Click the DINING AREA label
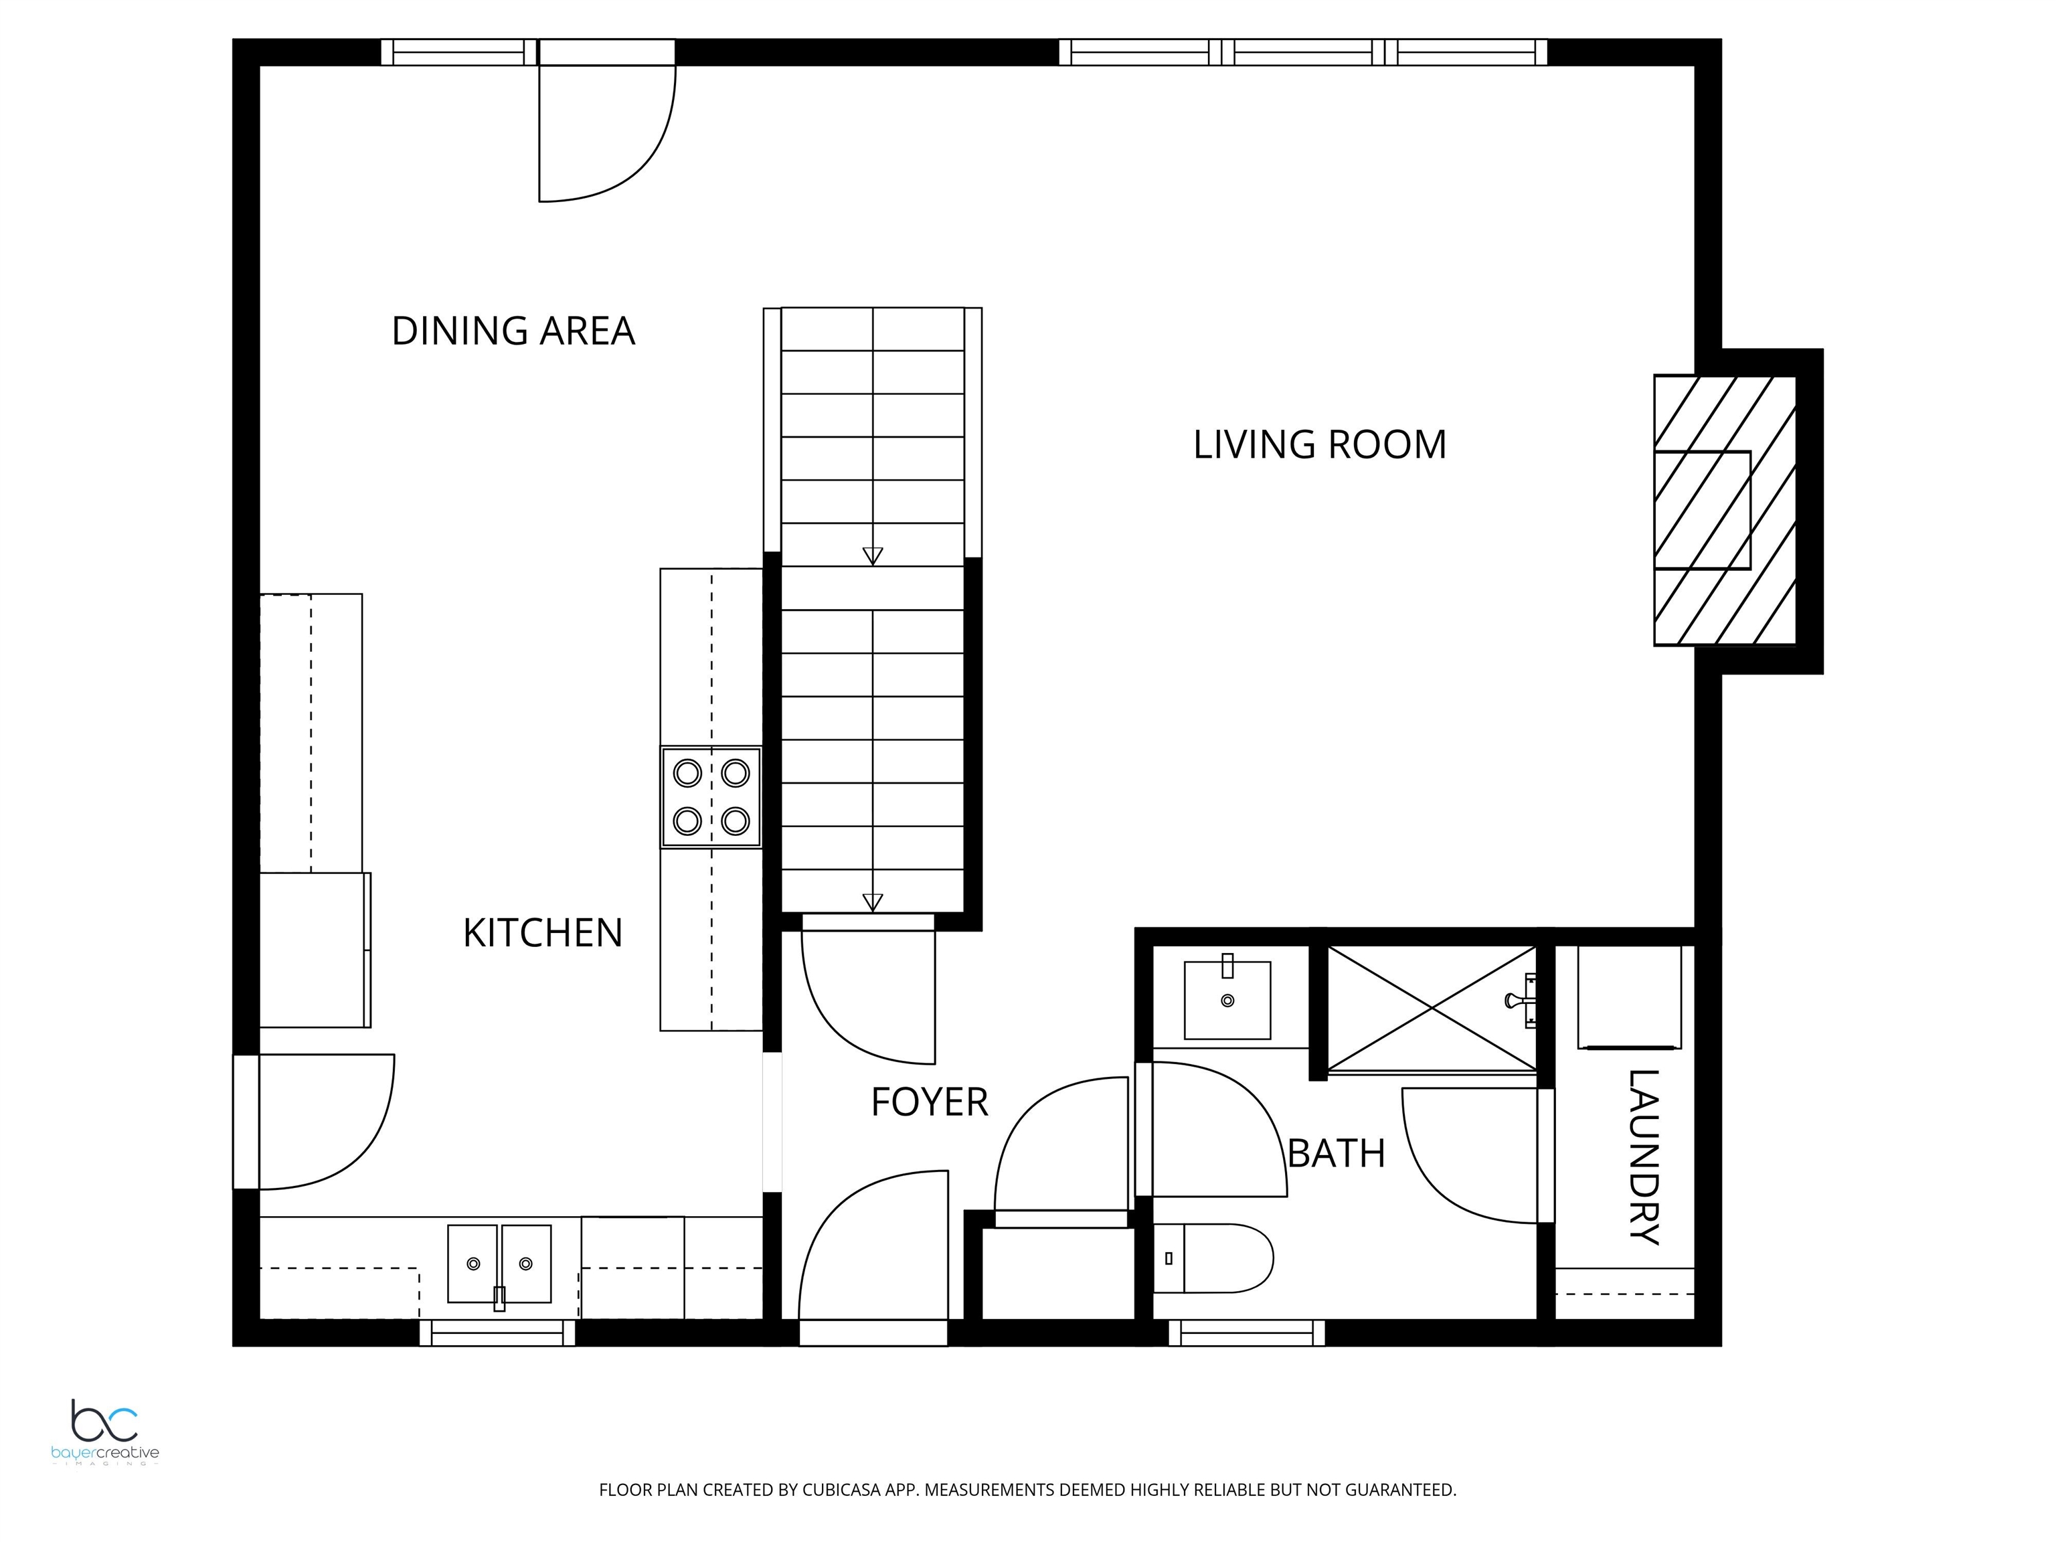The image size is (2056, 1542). (513, 331)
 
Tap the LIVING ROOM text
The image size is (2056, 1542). (1320, 444)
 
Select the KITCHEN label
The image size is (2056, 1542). (543, 933)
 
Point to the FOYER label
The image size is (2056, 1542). (930, 1102)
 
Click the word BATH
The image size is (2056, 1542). (1337, 1153)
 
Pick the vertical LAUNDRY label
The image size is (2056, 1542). (1644, 1156)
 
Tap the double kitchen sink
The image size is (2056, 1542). (499, 1265)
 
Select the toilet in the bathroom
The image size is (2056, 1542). (1213, 1258)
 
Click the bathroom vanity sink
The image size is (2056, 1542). (1227, 999)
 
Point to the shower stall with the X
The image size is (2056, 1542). (1432, 1009)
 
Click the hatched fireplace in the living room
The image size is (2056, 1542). (1724, 510)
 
